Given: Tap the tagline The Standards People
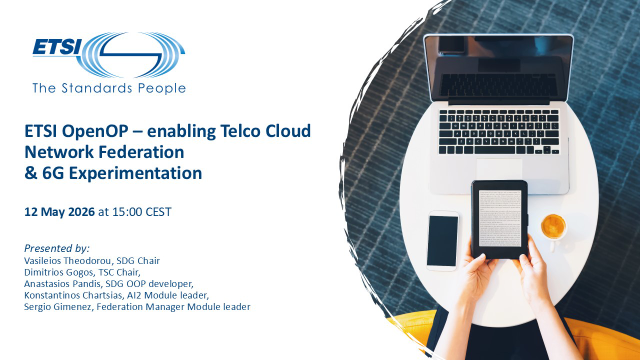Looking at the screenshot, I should (x=109, y=87).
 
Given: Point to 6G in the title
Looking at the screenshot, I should (x=52, y=173).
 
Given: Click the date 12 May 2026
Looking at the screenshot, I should (x=60, y=211).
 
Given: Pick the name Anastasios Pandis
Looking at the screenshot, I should (x=64, y=282).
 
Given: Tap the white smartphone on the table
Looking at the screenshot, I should (x=443, y=241).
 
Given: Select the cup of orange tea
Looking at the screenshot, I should (x=553, y=226).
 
